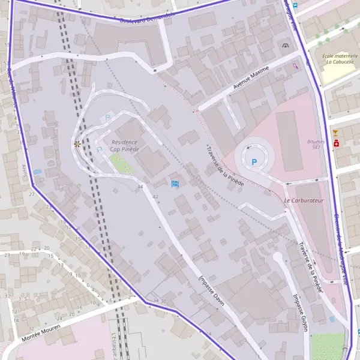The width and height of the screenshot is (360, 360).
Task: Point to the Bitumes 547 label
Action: [x=316, y=144]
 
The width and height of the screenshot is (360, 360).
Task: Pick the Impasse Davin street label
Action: [x=211, y=290]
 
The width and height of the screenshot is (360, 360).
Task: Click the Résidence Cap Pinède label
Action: [x=124, y=146]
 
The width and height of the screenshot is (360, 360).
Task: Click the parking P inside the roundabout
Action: [x=255, y=161]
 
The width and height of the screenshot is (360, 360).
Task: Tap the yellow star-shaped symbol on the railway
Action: [x=77, y=144]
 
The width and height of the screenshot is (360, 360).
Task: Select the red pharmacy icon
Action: [x=337, y=144]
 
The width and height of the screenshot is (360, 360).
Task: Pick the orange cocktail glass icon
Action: [x=335, y=133]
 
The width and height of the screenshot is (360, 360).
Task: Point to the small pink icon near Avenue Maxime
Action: [x=295, y=67]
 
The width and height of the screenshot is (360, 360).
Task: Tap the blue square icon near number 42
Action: [x=175, y=183]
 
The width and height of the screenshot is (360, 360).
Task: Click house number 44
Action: [x=140, y=187]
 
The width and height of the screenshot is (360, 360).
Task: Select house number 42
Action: [x=155, y=197]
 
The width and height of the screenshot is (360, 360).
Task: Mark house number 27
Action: [x=31, y=194]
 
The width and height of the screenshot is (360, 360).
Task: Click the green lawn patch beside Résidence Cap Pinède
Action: [x=122, y=163]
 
